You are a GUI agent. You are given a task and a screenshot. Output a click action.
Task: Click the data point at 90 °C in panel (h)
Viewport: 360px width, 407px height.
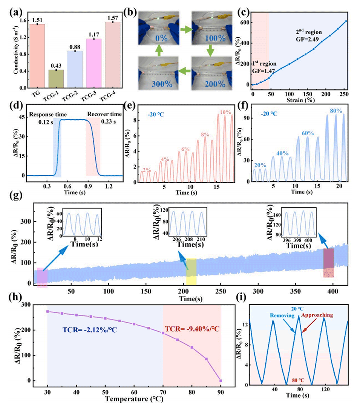click(x=221, y=381)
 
